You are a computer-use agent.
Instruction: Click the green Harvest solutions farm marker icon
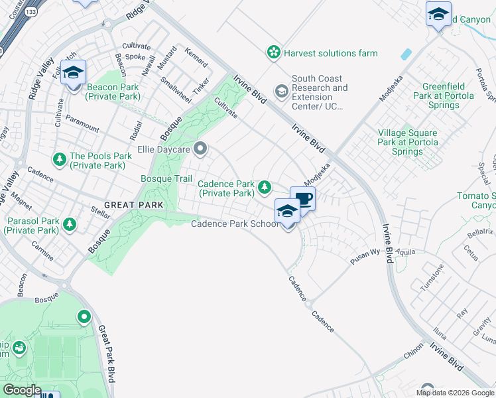click(x=272, y=52)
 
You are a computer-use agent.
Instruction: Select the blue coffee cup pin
click(x=303, y=198)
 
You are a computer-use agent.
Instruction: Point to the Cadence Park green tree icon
click(x=265, y=188)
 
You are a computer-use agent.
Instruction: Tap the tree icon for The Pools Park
click(x=60, y=159)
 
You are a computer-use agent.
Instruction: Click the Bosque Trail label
click(x=166, y=179)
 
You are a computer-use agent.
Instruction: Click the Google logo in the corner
click(x=22, y=390)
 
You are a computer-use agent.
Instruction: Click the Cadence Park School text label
click(x=235, y=224)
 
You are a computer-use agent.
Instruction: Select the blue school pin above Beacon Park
click(x=74, y=73)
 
